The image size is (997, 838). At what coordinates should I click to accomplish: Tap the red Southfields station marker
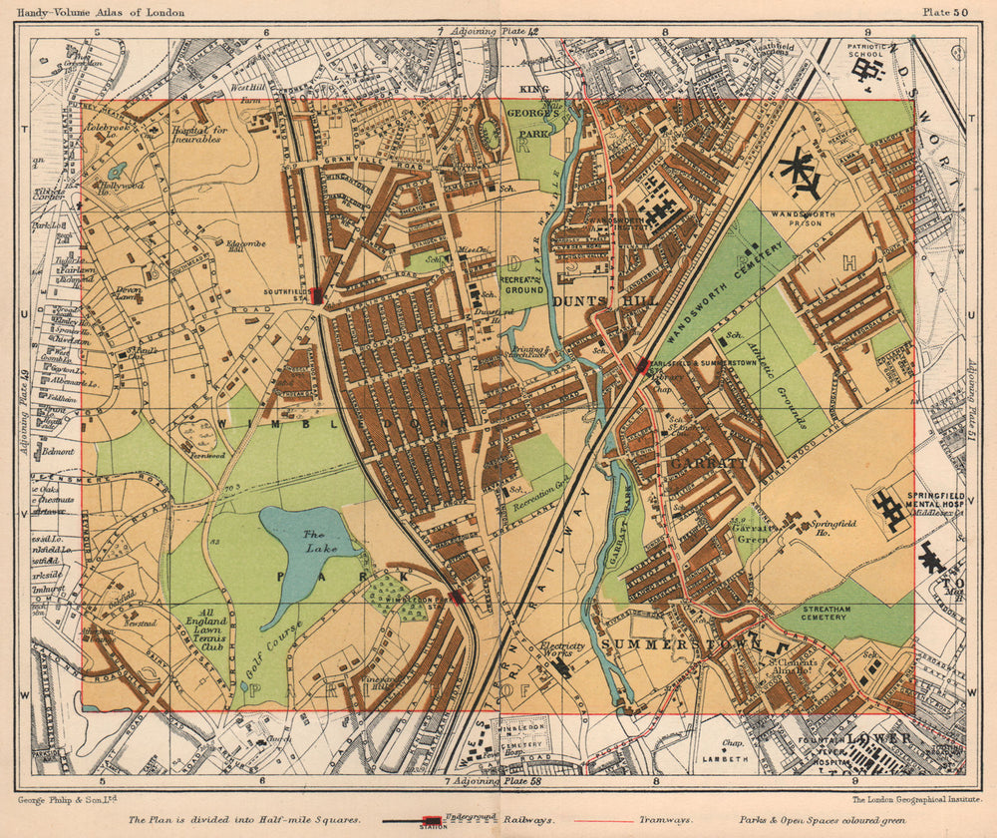pyautogui.click(x=316, y=295)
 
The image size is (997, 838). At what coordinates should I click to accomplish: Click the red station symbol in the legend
pyautogui.click(x=433, y=821)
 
